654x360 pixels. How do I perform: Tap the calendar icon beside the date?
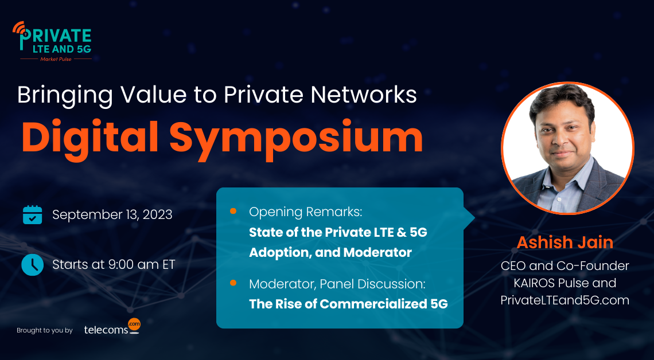[32, 215]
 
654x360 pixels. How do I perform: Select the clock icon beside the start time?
[32, 264]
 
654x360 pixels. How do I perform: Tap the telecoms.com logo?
[111, 327]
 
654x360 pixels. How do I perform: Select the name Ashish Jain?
[565, 242]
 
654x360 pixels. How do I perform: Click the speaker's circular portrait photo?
[567, 147]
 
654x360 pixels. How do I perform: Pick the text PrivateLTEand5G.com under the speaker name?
[565, 299]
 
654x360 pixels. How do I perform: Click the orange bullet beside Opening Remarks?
[233, 212]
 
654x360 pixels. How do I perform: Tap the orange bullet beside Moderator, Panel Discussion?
[233, 283]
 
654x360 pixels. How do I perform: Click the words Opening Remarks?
[305, 212]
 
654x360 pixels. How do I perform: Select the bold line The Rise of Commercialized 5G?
[348, 304]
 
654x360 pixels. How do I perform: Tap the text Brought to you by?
[45, 331]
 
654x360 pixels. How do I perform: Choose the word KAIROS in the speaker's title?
[534, 283]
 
